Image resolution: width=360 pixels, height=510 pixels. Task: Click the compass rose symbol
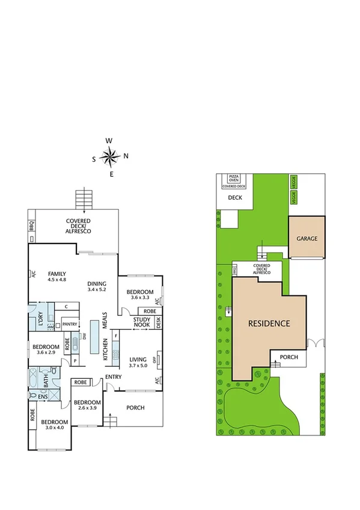[x=111, y=158]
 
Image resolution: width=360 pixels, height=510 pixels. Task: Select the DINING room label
[x=96, y=284]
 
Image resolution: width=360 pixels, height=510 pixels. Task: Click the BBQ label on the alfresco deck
[x=31, y=227]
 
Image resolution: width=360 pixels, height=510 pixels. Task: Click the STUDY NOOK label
[x=142, y=322]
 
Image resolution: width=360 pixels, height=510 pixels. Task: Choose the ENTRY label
[x=113, y=377]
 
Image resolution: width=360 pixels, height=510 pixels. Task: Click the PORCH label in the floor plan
[x=135, y=407]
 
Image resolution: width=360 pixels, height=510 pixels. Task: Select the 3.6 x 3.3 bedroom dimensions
[x=141, y=298]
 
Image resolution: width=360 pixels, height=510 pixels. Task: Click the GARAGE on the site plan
[x=307, y=238]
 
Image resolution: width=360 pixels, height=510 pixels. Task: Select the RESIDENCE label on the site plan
[x=269, y=324]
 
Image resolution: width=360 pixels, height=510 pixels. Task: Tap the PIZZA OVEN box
[x=234, y=178]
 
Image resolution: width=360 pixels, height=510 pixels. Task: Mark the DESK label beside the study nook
[x=159, y=322]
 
